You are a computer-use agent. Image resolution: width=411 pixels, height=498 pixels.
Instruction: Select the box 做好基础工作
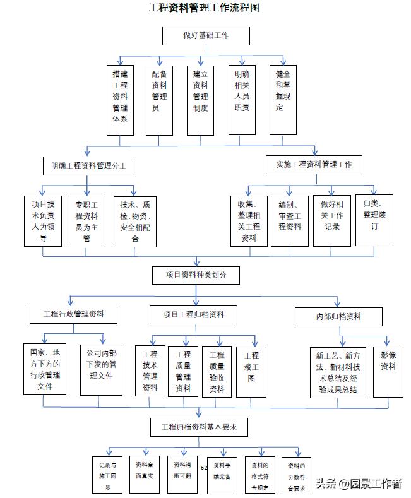click(x=206, y=36)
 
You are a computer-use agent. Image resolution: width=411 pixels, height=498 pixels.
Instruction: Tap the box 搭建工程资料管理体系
click(x=120, y=100)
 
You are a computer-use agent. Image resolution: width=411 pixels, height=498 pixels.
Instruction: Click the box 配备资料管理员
click(x=160, y=100)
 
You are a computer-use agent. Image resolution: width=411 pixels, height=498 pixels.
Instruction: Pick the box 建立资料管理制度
click(x=200, y=100)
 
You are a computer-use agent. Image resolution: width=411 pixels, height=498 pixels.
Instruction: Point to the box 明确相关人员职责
click(x=242, y=100)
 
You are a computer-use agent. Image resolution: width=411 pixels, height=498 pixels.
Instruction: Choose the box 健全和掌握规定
click(x=282, y=100)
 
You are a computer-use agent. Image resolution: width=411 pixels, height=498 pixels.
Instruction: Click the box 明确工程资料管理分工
click(x=89, y=166)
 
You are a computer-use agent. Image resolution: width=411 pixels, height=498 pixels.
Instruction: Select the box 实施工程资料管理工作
click(x=314, y=165)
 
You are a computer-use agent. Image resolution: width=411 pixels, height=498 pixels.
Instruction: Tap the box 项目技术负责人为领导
click(x=43, y=220)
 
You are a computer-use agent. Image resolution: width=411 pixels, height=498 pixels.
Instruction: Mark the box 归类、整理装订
click(x=374, y=219)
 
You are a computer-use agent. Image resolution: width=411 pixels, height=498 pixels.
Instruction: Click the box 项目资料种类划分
click(x=195, y=275)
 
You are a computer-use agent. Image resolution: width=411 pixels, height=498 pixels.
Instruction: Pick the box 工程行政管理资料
click(x=73, y=314)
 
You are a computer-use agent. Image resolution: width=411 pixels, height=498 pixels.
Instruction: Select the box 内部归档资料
click(x=338, y=316)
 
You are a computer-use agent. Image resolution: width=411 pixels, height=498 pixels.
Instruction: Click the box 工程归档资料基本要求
click(x=199, y=427)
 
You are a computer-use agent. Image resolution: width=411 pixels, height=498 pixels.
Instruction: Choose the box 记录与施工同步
click(x=107, y=475)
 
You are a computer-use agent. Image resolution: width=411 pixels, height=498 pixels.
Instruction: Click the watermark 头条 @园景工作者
click(x=359, y=483)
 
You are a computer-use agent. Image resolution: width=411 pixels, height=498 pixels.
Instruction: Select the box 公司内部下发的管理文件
click(x=101, y=369)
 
